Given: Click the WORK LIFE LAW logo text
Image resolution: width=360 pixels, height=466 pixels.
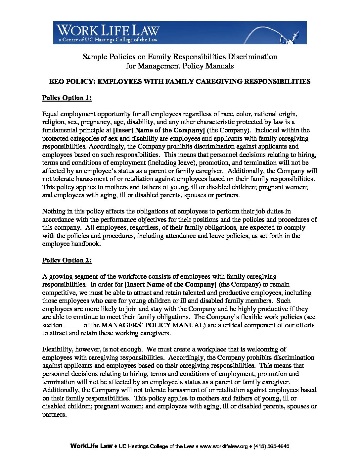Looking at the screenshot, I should coord(108,30).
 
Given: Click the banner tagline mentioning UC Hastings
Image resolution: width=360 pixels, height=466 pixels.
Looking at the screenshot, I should coord(108,40).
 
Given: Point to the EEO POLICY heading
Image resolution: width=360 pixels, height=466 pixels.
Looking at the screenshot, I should coord(180,81).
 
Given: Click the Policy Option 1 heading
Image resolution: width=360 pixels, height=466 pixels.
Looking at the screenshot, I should coord(67,98).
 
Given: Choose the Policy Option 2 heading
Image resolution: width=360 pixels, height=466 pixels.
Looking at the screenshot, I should coord(67,260).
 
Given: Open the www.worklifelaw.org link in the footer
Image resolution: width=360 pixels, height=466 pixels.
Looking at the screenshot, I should coord(224,446).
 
